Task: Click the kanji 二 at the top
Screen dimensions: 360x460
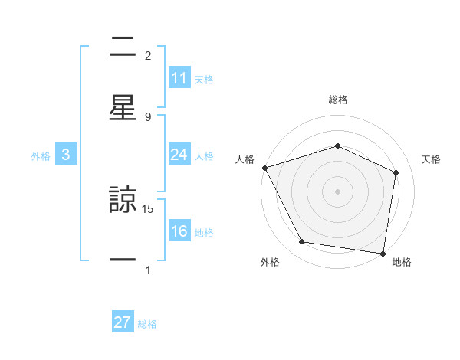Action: coord(123,47)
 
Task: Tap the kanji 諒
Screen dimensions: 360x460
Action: coord(123,200)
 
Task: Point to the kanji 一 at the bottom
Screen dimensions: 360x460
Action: coord(123,260)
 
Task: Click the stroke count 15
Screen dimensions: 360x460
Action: coord(148,208)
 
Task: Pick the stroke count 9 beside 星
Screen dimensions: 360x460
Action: coord(148,116)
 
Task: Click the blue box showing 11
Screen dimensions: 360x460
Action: coord(179,78)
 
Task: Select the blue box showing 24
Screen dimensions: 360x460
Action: coord(179,155)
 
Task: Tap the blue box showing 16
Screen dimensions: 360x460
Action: coord(179,231)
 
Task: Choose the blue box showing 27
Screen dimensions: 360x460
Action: coord(123,322)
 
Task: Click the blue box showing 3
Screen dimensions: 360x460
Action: coord(66,155)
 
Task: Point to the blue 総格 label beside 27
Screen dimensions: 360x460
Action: coord(147,324)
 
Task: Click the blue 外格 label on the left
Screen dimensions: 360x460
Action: coord(41,155)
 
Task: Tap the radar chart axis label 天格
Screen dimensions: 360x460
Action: coord(432,159)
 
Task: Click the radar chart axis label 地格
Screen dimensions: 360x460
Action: coord(402,262)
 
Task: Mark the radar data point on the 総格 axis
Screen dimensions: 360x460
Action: coord(337,146)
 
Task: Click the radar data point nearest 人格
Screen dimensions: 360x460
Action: coord(264,168)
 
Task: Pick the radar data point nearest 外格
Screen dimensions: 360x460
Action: coord(302,242)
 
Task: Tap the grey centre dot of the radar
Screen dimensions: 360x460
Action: coord(337,191)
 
